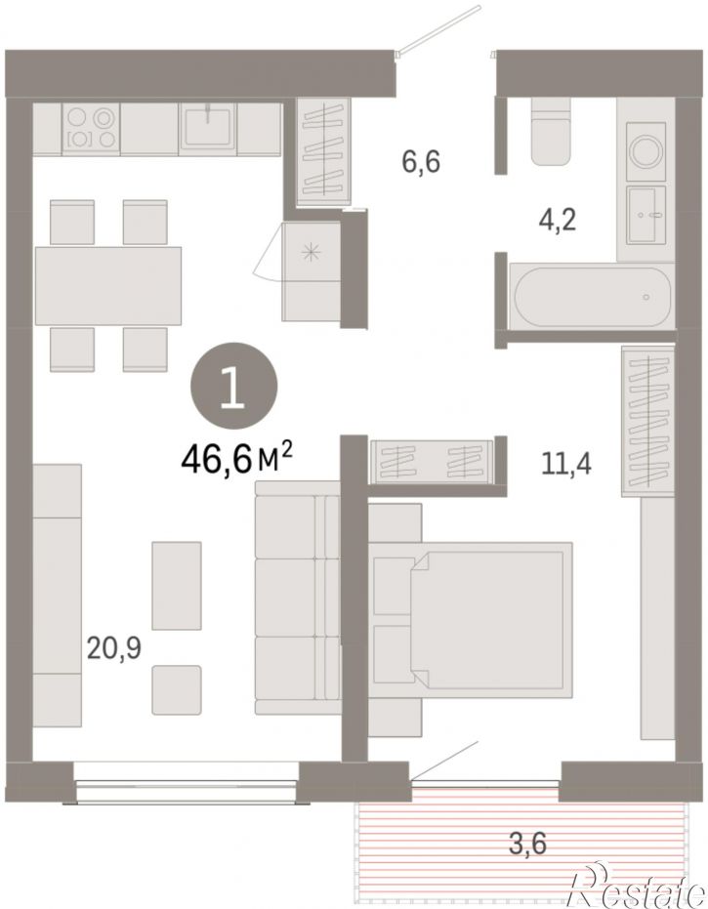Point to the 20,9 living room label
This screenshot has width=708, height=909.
[x=113, y=648]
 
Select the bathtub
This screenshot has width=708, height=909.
[x=592, y=296]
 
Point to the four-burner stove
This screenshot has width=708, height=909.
[x=90, y=128]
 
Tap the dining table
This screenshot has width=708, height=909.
[x=108, y=286]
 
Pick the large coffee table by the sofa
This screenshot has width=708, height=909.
[x=177, y=586]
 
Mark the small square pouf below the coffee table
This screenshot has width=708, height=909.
[x=177, y=690]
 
